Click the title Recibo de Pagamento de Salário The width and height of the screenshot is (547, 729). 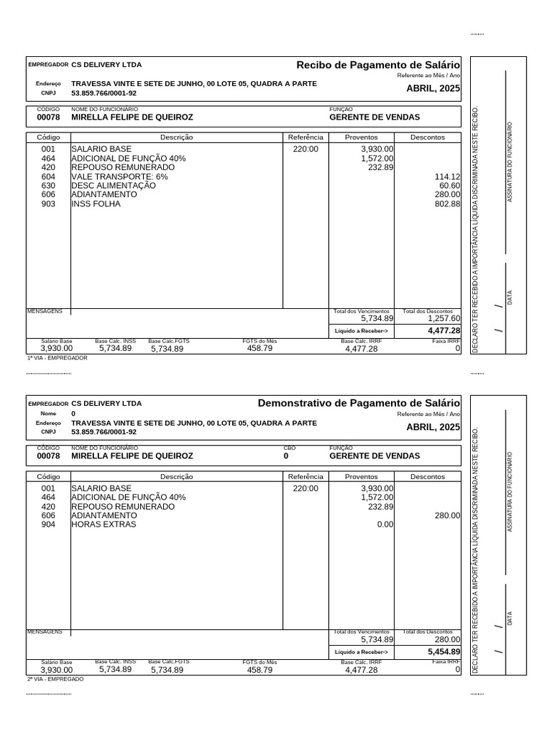point(378,65)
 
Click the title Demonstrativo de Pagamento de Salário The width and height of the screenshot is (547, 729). point(359,404)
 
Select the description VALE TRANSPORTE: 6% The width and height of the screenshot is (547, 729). point(120,177)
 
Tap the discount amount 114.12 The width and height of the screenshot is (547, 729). point(447,177)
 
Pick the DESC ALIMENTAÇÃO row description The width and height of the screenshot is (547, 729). point(113,185)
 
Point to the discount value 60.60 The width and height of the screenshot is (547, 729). point(449,185)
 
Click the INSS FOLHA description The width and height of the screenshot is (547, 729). point(96,204)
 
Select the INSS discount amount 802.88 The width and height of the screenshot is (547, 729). point(447,204)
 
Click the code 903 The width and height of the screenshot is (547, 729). point(48,204)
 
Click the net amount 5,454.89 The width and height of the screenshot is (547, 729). point(444,651)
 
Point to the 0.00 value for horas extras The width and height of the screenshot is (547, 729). point(385,525)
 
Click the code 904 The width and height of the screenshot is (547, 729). point(48,525)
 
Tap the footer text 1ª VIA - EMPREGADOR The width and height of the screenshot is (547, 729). point(57,358)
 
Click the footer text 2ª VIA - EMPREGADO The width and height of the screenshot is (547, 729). point(55,679)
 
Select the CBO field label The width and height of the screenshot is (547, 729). point(288,448)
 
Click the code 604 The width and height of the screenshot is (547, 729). point(48,177)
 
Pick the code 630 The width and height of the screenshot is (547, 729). point(48,185)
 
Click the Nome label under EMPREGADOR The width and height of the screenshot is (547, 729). point(48,414)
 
